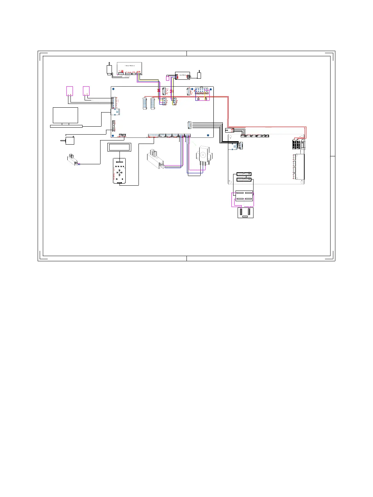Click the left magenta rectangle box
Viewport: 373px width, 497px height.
(x=69, y=91)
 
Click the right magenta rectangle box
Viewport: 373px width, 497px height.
(x=86, y=91)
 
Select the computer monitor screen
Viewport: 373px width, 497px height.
(x=65, y=115)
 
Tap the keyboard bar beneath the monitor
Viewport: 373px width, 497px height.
(x=66, y=126)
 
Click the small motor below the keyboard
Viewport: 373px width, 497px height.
(x=70, y=140)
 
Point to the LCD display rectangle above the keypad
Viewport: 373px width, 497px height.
(x=119, y=147)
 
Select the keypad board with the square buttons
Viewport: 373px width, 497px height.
(x=119, y=171)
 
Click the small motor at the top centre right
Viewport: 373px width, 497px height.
(x=199, y=75)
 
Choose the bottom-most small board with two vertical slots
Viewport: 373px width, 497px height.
(x=246, y=212)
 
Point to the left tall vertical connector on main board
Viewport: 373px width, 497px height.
(x=144, y=104)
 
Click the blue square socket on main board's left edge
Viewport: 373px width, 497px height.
(x=115, y=112)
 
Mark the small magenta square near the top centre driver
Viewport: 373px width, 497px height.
(x=168, y=78)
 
